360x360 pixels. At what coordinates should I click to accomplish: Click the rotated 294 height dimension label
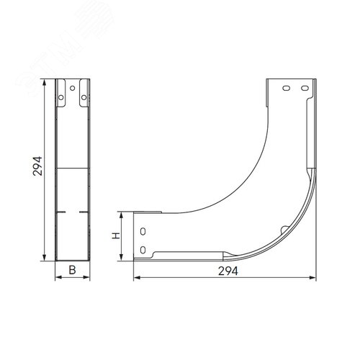coord(37,166)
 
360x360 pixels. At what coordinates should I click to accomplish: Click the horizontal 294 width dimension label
coord(228,271)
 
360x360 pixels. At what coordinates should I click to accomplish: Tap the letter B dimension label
coord(72,270)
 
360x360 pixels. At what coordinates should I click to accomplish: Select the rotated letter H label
coord(116,235)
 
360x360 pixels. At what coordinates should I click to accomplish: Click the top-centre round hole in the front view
coord(72,88)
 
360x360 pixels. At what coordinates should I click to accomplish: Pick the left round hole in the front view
coord(61,97)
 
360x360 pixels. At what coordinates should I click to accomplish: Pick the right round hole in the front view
coord(84,97)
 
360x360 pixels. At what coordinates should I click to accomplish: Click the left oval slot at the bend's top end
coord(286,89)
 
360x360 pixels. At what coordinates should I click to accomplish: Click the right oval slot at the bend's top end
coord(305,89)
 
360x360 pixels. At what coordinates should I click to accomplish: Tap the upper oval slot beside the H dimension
coord(143,232)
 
